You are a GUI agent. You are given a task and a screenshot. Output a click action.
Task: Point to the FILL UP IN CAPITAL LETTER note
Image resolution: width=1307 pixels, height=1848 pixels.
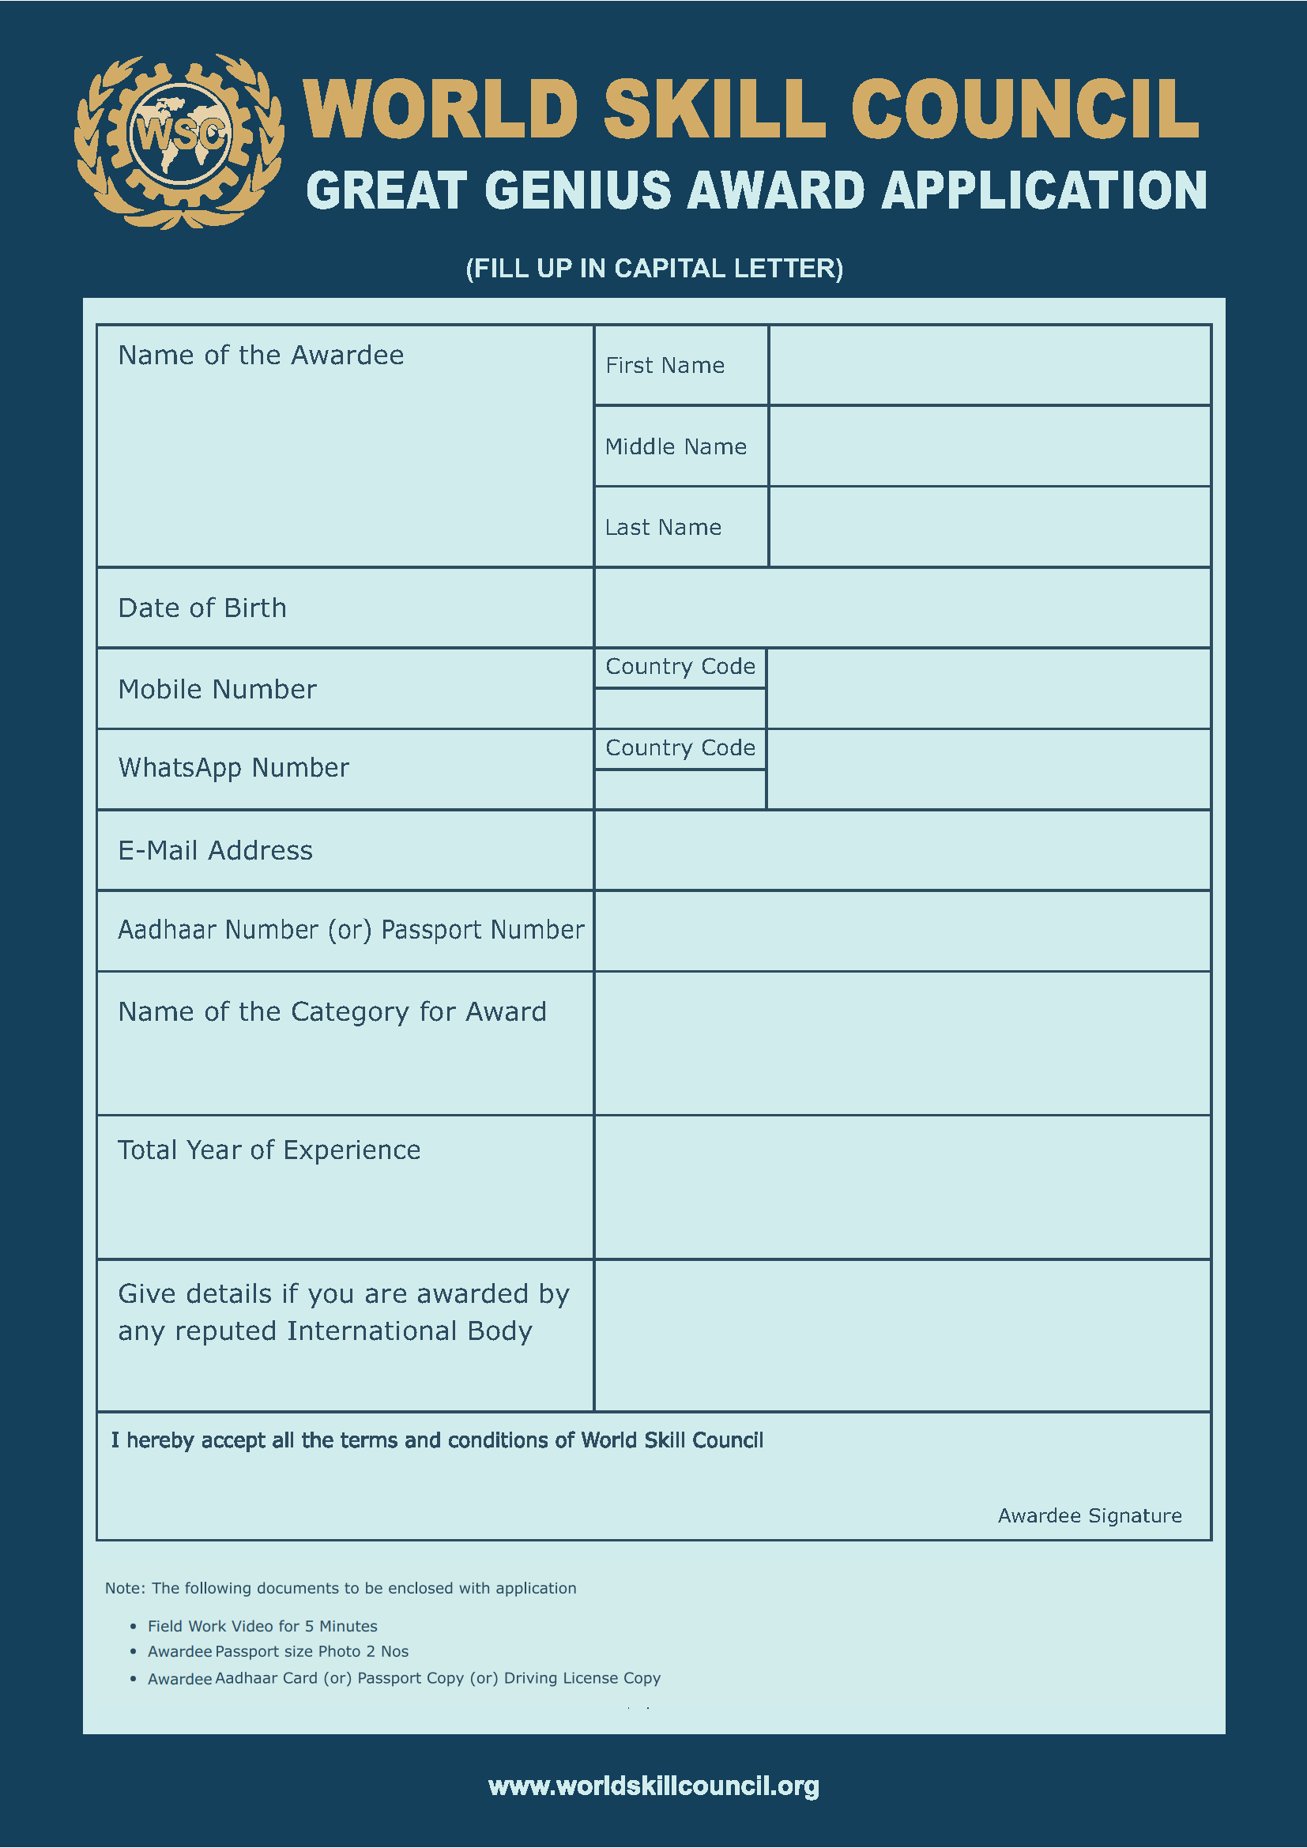653,268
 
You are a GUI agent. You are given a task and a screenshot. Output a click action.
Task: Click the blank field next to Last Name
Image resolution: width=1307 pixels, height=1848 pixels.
989,527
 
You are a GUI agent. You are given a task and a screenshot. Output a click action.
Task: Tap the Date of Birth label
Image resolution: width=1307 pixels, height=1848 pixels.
202,608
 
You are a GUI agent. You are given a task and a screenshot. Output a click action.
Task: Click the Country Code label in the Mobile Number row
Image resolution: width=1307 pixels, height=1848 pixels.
680,667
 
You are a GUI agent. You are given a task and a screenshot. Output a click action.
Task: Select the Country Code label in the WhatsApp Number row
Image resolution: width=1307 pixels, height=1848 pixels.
680,747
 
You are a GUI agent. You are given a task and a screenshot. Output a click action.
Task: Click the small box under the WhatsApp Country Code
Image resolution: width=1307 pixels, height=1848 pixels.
680,789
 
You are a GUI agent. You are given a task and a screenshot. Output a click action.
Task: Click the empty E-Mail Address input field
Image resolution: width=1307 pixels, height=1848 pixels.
902,850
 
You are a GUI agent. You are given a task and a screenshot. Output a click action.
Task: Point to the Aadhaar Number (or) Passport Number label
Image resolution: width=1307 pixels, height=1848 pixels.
351,930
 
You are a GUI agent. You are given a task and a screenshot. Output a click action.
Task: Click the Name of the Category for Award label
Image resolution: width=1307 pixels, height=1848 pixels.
332,1012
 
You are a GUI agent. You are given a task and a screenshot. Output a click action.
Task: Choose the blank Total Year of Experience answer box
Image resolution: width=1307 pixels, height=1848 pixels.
902,1187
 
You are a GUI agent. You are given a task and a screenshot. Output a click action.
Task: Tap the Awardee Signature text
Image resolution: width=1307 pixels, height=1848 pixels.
1089,1515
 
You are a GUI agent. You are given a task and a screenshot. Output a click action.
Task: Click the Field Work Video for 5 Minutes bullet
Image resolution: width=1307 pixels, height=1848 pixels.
262,1626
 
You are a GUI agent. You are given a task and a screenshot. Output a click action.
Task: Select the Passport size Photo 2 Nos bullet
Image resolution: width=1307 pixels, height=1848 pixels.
277,1651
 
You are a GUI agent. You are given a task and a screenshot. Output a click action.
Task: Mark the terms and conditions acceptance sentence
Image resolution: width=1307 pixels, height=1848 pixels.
437,1440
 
